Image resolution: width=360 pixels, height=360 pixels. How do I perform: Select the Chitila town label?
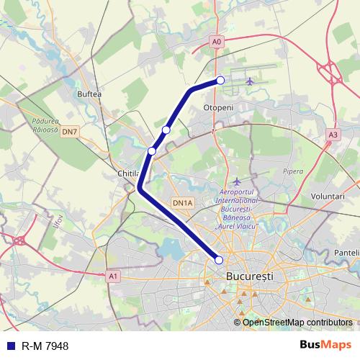[127, 174]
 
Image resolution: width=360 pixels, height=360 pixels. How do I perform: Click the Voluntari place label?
[328, 196]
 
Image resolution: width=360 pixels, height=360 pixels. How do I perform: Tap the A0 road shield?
[217, 42]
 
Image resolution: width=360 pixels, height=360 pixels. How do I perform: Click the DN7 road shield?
[69, 132]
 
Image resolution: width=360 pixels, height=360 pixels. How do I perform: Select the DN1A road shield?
[183, 204]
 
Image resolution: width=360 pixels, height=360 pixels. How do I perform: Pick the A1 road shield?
[113, 275]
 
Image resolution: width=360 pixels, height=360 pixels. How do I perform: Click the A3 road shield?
[332, 134]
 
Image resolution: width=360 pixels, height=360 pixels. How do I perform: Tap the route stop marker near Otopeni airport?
[220, 81]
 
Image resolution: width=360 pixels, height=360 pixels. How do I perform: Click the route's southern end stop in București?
[219, 260]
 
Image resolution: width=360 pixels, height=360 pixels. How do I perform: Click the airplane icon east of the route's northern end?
[251, 81]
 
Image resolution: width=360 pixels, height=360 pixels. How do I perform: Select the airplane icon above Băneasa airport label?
[237, 181]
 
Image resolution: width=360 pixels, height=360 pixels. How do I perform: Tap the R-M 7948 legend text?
[45, 346]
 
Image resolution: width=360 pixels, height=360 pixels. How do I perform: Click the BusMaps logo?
[325, 346]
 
